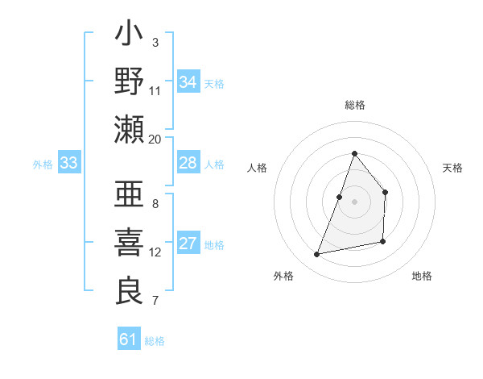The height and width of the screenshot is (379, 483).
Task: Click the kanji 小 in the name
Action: (129, 37)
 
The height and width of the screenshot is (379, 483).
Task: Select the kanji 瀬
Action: (129, 129)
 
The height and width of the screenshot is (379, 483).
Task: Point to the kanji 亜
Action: (129, 196)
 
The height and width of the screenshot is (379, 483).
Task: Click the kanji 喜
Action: (129, 243)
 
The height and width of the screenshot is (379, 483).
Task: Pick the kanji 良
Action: (129, 290)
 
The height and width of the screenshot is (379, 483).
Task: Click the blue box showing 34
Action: (188, 82)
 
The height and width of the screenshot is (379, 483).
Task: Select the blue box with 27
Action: (188, 244)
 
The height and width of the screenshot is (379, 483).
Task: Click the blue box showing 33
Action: (69, 164)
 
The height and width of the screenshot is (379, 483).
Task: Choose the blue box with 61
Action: (129, 339)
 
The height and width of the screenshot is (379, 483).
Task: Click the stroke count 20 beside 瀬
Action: (155, 139)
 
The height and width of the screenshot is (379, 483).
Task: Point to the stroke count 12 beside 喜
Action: (155, 252)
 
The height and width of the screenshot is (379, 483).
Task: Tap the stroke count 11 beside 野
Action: (155, 91)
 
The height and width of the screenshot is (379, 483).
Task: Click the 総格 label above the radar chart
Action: (354, 105)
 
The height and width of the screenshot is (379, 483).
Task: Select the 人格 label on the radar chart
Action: (258, 168)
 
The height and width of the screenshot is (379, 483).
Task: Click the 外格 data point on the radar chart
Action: (316, 255)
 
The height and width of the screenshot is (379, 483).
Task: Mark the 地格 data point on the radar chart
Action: (383, 242)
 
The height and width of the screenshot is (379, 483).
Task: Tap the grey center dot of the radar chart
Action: (354, 202)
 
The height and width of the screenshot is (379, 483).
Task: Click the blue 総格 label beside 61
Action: (155, 341)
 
